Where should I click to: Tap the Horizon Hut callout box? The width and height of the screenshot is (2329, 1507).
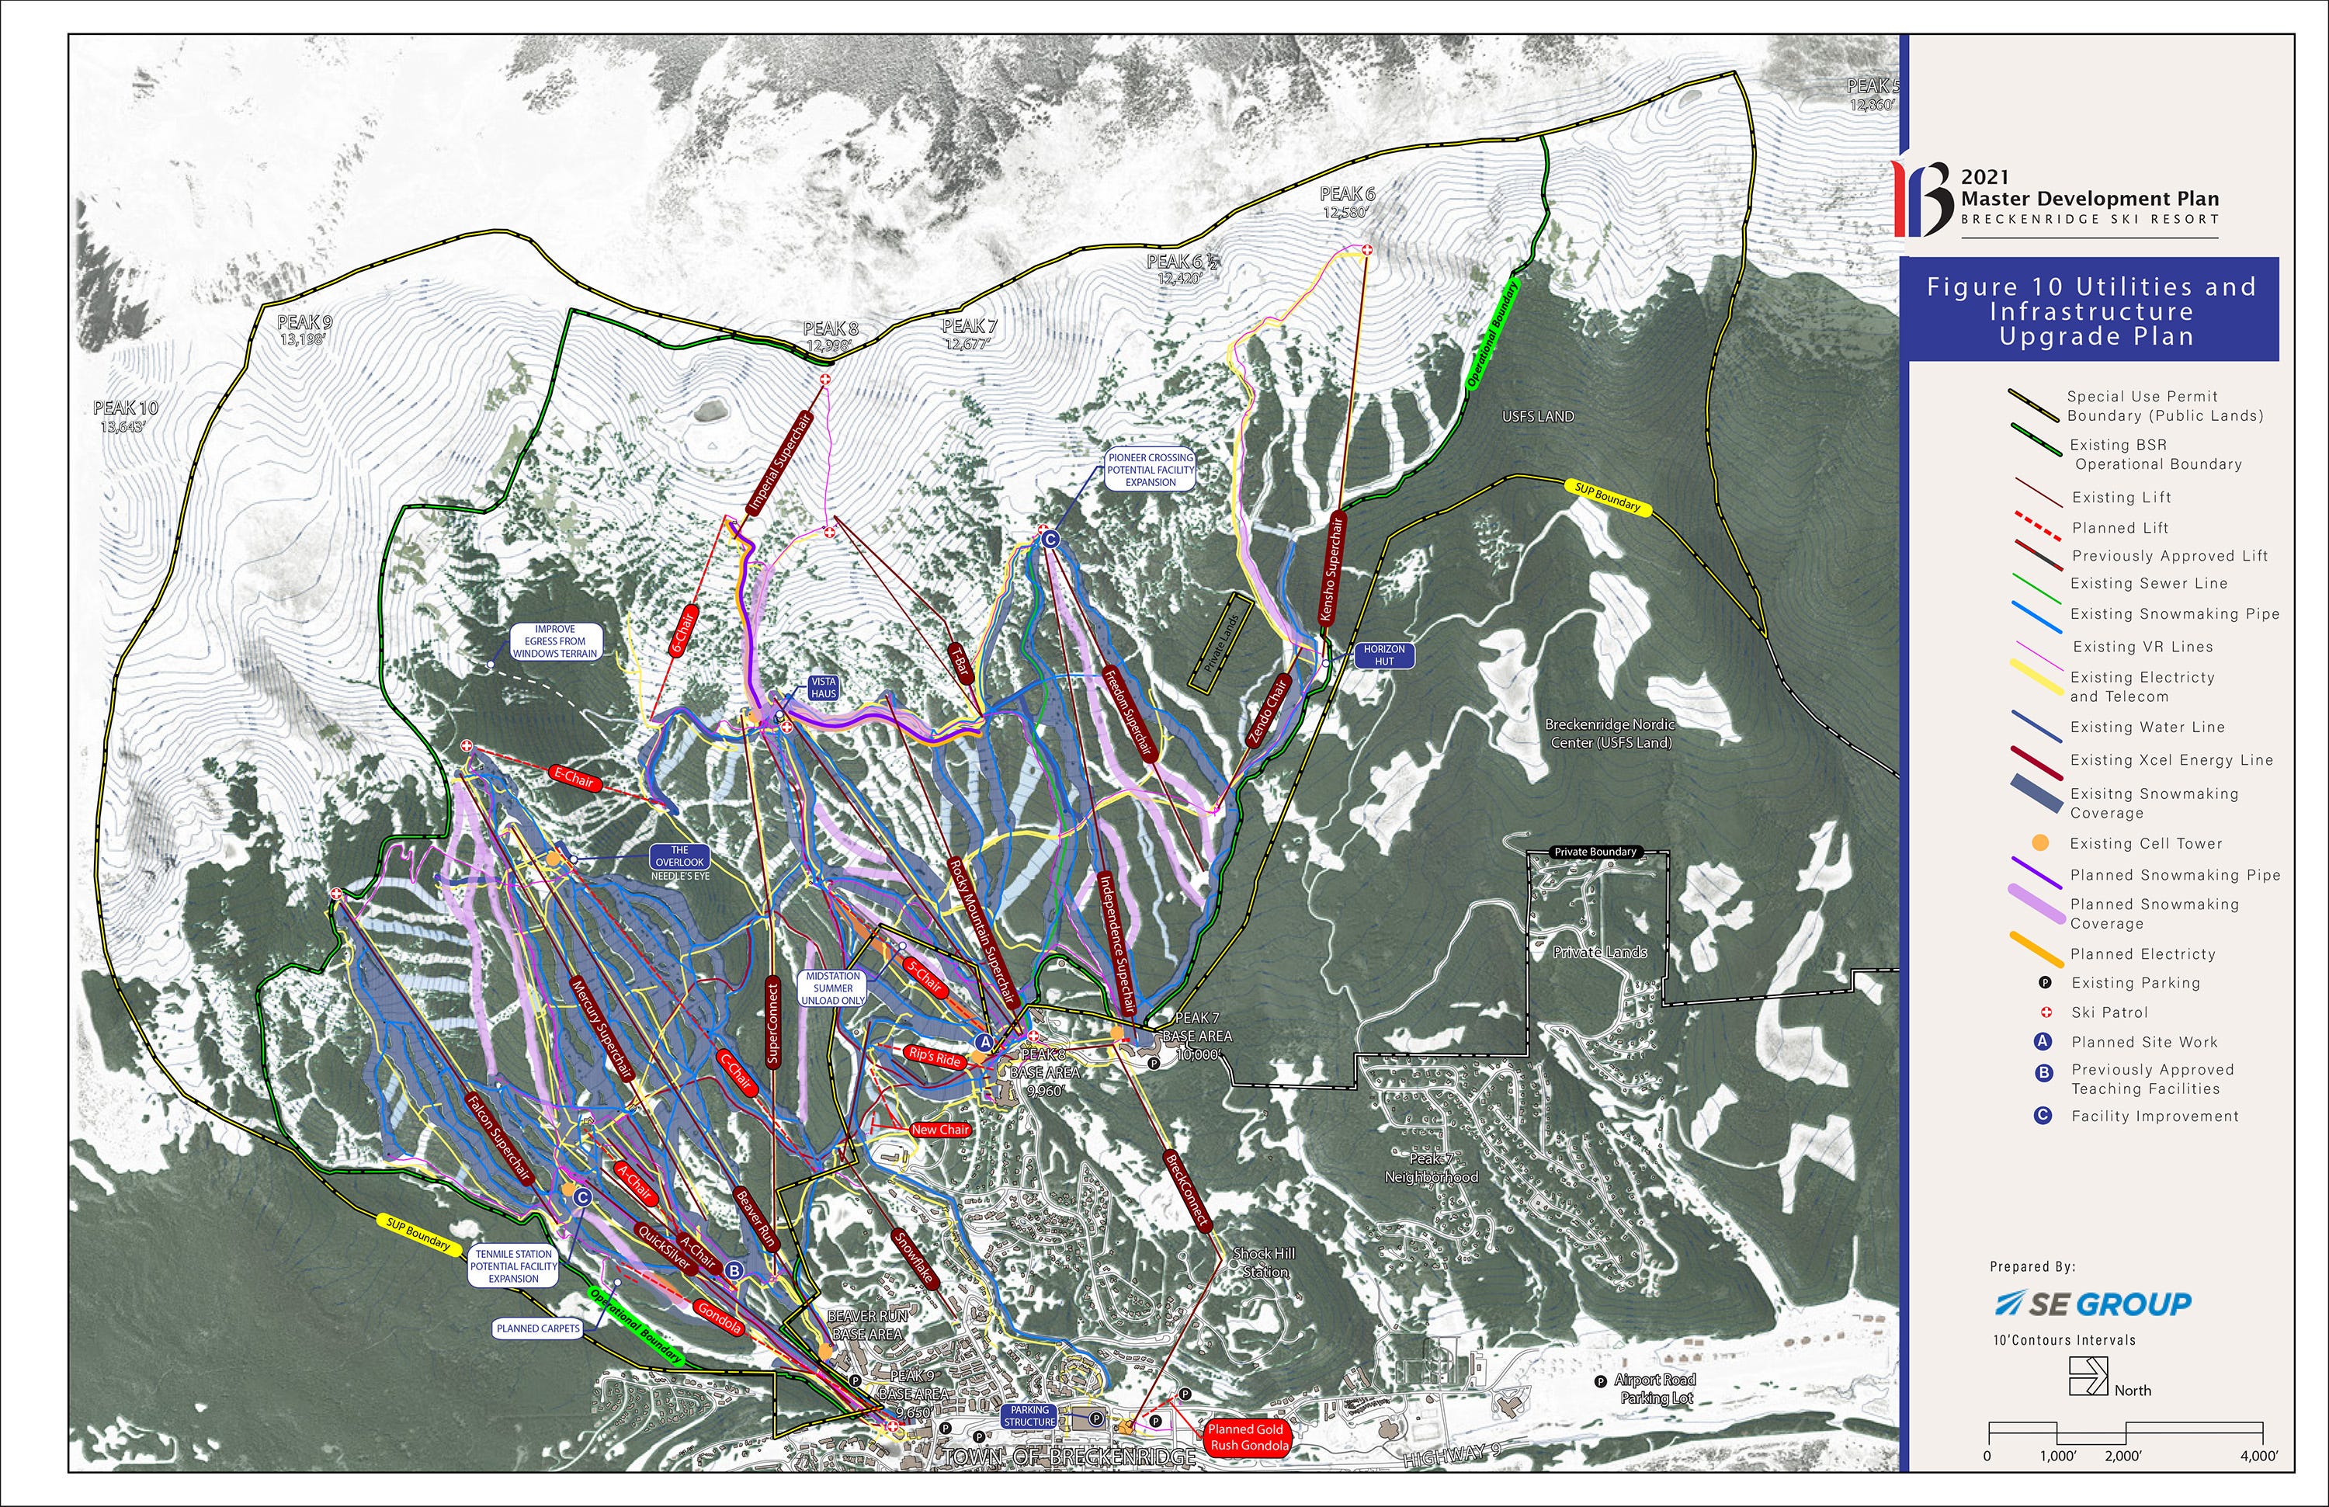[x=1383, y=655]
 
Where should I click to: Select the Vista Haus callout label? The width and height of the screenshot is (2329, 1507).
[x=823, y=687]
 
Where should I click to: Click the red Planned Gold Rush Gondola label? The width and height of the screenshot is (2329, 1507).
[x=1248, y=1436]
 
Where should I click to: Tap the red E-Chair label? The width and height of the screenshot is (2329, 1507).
[x=574, y=779]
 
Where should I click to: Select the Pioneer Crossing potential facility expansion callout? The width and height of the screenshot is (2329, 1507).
[x=1150, y=470]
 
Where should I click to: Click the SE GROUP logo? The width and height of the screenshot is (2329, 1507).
[x=2093, y=1304]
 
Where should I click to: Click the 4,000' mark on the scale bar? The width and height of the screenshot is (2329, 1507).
[x=2258, y=1455]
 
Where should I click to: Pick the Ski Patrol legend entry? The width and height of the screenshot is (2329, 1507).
[x=2109, y=1012]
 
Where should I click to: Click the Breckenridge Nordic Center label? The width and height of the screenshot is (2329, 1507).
[x=1610, y=733]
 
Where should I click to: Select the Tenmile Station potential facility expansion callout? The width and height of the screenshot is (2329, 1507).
[x=514, y=1266]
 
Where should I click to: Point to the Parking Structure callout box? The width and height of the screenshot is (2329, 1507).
[x=1029, y=1416]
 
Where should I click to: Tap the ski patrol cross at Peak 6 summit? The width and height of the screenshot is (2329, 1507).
[x=1367, y=251]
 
